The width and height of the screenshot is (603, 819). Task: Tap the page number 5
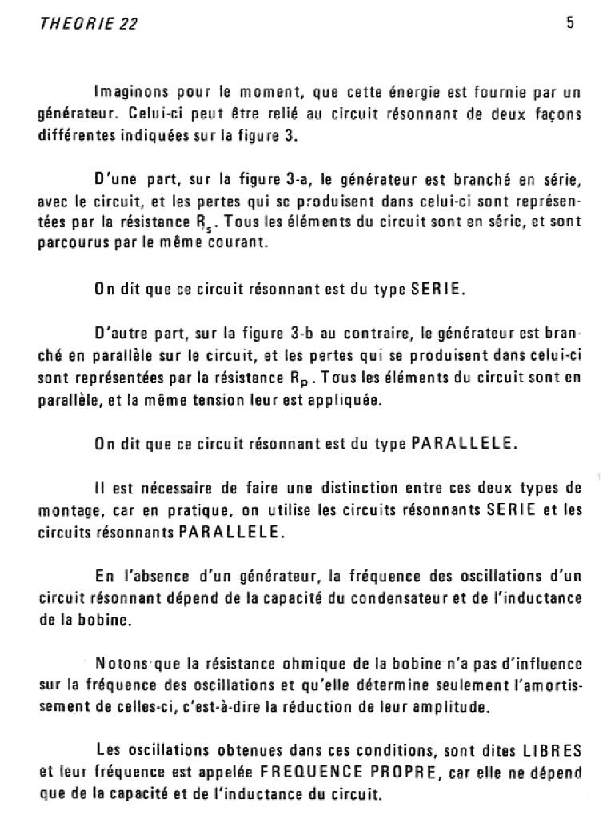[570, 23]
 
